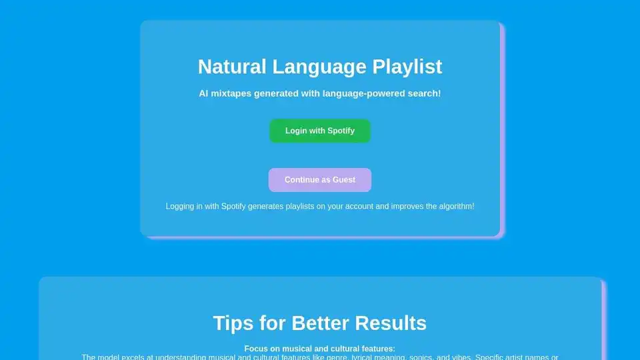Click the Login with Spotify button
click(320, 131)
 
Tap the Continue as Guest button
click(320, 180)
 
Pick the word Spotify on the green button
click(341, 131)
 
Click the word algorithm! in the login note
click(453, 207)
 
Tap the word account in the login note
click(358, 207)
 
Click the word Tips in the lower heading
click(233, 323)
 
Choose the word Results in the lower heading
click(391, 323)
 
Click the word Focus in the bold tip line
click(256, 349)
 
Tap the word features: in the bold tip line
click(377, 349)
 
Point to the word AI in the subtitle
click(204, 93)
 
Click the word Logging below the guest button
click(180, 207)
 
